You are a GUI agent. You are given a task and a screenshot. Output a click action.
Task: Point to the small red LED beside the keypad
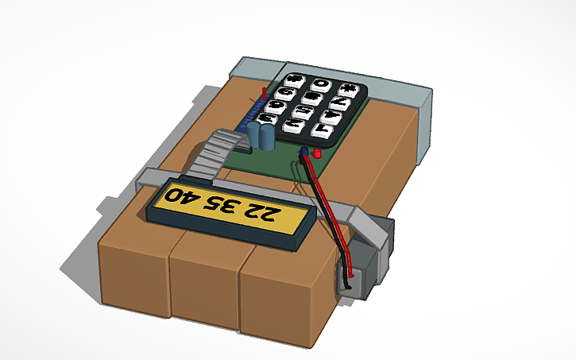[316, 152]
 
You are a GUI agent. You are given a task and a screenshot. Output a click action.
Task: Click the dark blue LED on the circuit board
[304, 150]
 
